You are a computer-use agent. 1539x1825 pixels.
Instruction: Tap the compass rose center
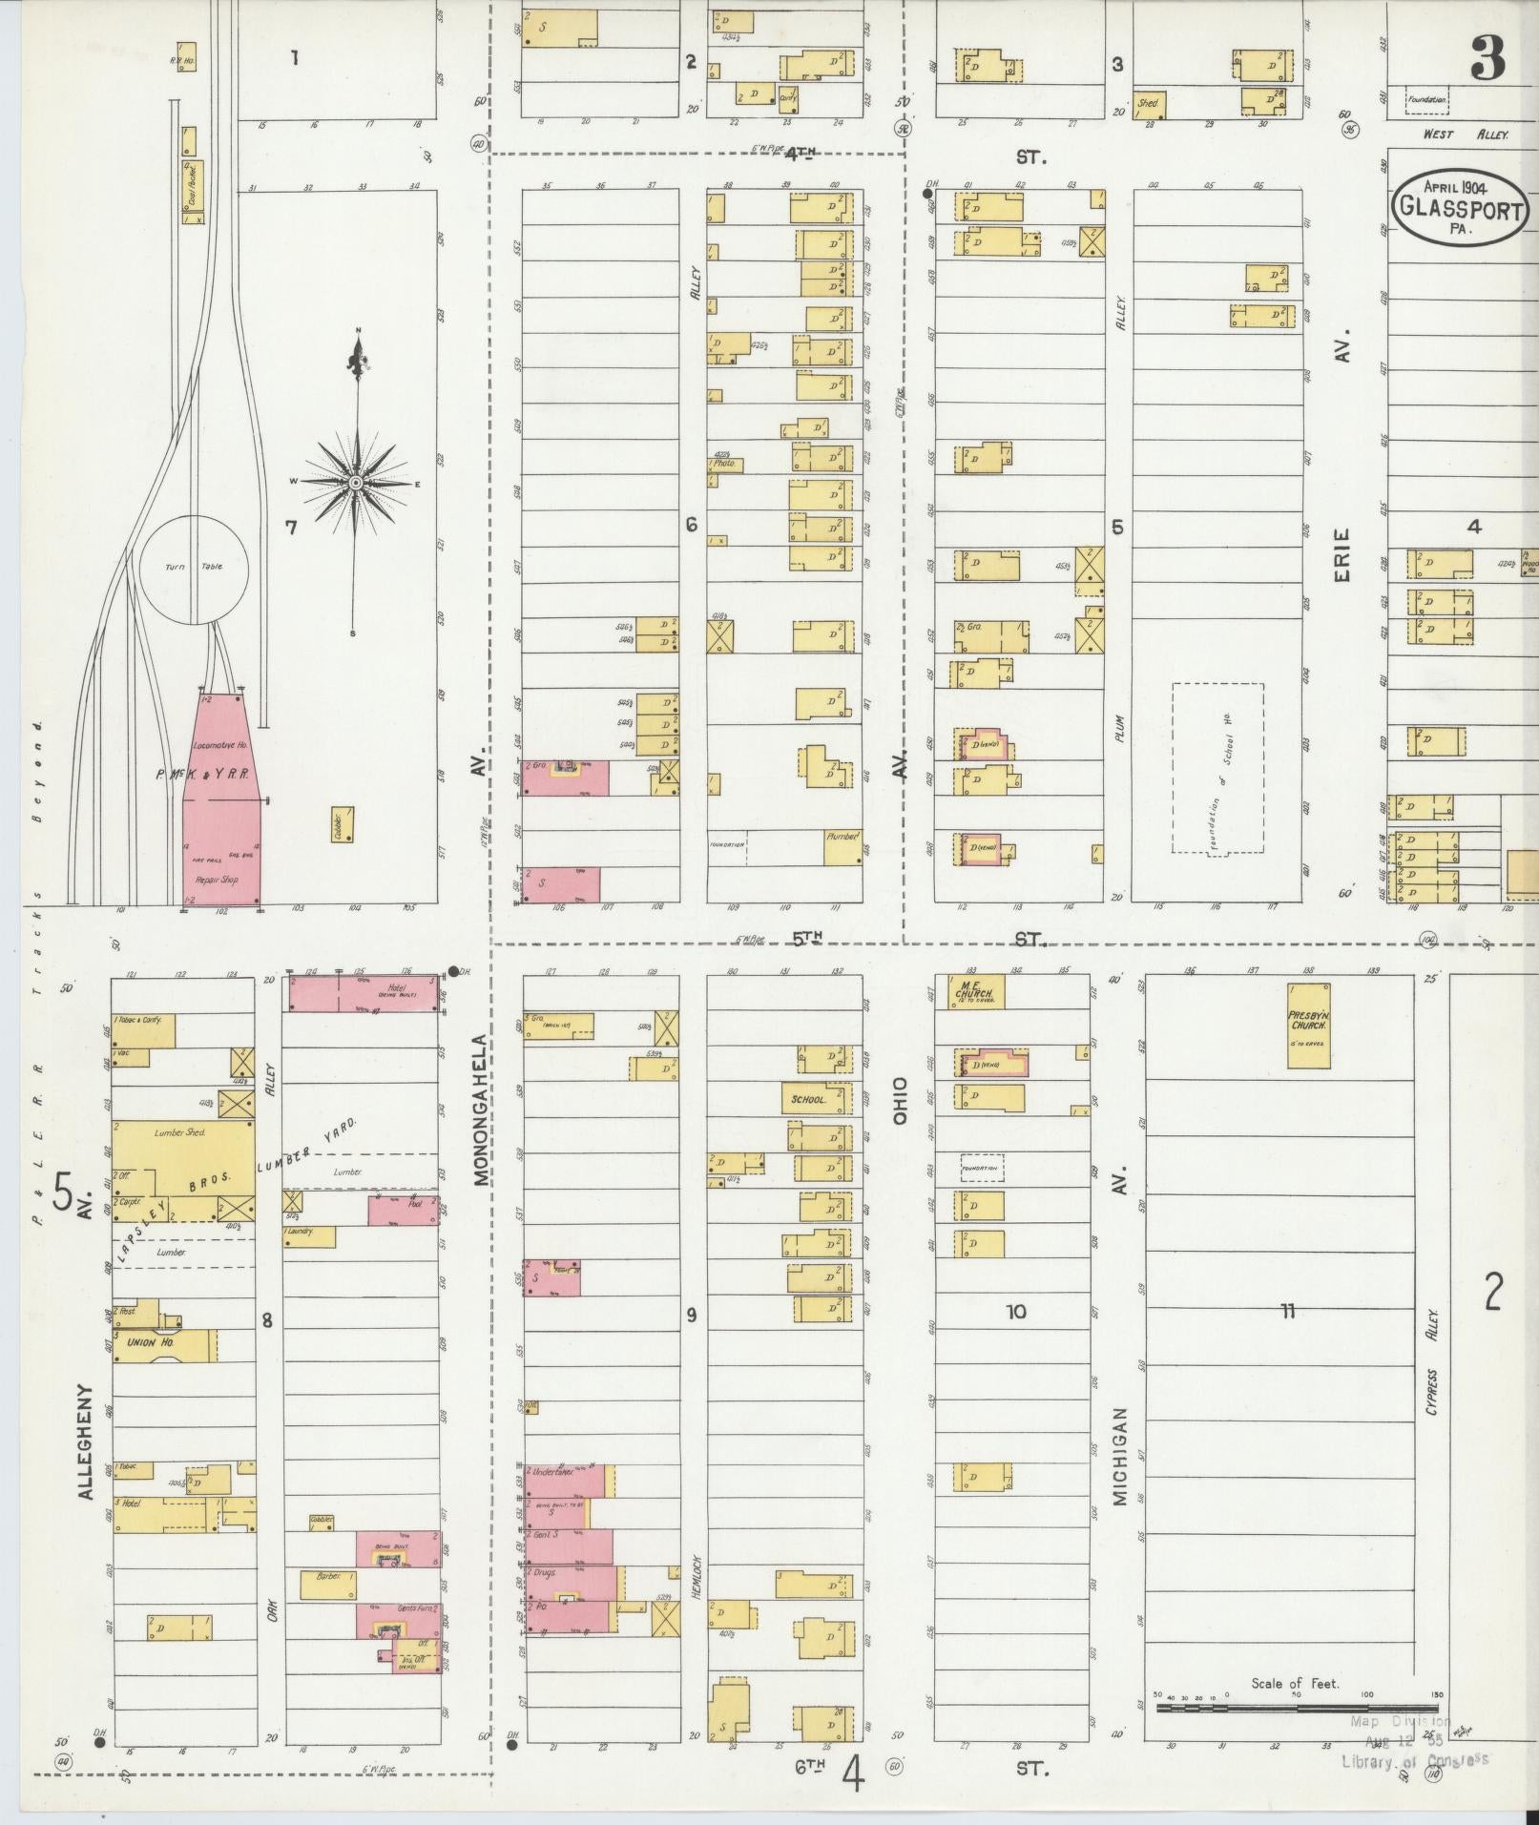tap(355, 483)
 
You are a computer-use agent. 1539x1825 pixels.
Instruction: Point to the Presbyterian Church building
tap(1308, 1026)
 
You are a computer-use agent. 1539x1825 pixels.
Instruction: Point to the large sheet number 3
tap(1487, 59)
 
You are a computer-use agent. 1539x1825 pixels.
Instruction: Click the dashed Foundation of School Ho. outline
tap(1217, 769)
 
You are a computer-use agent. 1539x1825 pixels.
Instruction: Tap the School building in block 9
tap(815, 1099)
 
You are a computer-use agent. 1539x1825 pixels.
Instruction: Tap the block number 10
tap(1015, 1312)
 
